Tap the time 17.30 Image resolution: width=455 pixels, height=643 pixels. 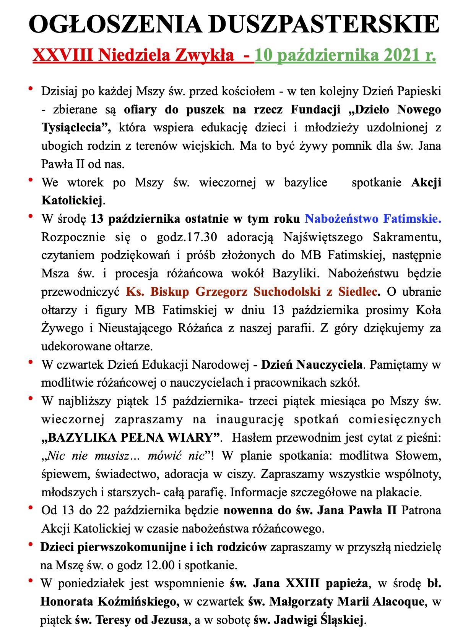203,237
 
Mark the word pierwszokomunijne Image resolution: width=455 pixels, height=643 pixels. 133,547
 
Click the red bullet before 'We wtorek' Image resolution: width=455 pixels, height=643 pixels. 31,179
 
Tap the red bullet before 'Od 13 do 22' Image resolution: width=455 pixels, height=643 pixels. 31,507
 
